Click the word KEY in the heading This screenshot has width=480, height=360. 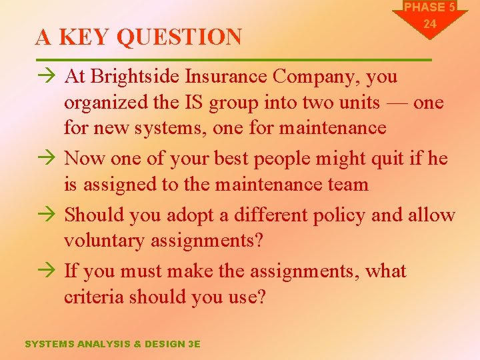(85, 37)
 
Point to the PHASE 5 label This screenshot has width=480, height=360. (429, 7)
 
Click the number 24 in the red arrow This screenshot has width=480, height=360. (430, 24)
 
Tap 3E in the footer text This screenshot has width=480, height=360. (193, 344)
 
